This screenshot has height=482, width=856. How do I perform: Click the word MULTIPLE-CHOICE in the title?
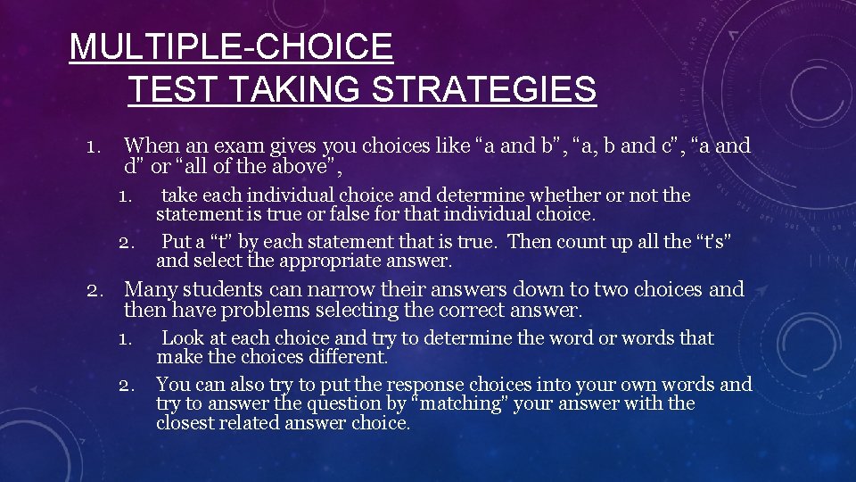[231, 46]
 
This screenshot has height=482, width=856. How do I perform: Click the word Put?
[177, 242]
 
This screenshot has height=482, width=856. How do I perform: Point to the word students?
[220, 289]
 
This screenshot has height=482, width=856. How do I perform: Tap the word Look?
[182, 338]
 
